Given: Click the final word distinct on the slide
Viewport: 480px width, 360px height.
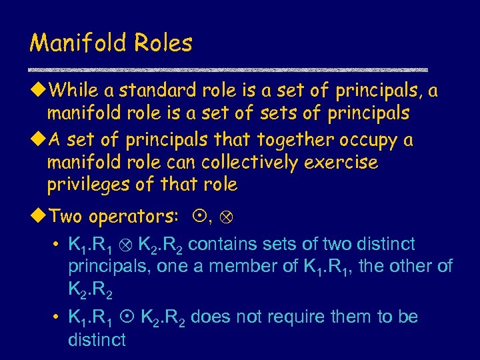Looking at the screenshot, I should tap(97, 339).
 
